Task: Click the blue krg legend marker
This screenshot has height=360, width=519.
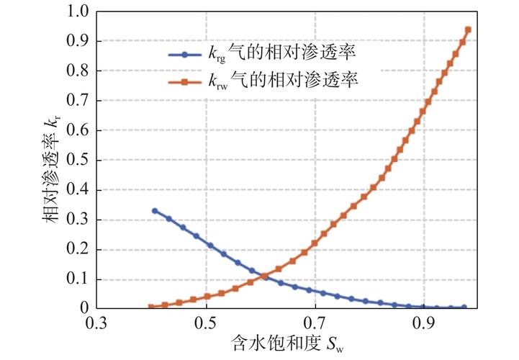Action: point(186,55)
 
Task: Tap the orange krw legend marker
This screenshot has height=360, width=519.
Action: point(186,81)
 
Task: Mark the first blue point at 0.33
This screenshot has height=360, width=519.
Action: point(155,211)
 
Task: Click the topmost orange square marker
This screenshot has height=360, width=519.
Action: point(468,30)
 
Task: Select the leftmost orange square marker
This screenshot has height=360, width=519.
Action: point(151,307)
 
